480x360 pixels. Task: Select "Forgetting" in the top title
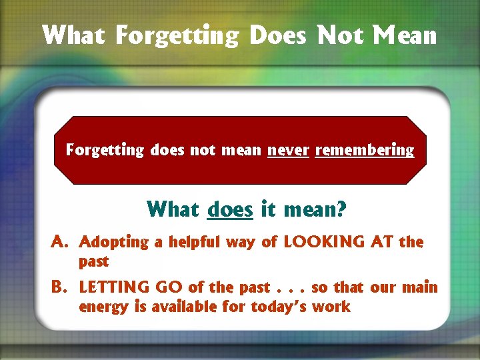[x=177, y=35]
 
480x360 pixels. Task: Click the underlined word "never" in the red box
[x=288, y=150]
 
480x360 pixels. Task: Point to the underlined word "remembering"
[x=365, y=150]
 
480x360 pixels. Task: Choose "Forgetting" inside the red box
[x=105, y=151]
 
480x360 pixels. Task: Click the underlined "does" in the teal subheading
[x=230, y=210]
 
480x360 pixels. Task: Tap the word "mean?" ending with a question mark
[x=313, y=210]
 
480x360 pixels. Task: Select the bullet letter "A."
[x=61, y=242]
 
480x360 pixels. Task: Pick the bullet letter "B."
[x=61, y=288]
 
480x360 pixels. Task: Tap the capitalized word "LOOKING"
[x=321, y=242]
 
